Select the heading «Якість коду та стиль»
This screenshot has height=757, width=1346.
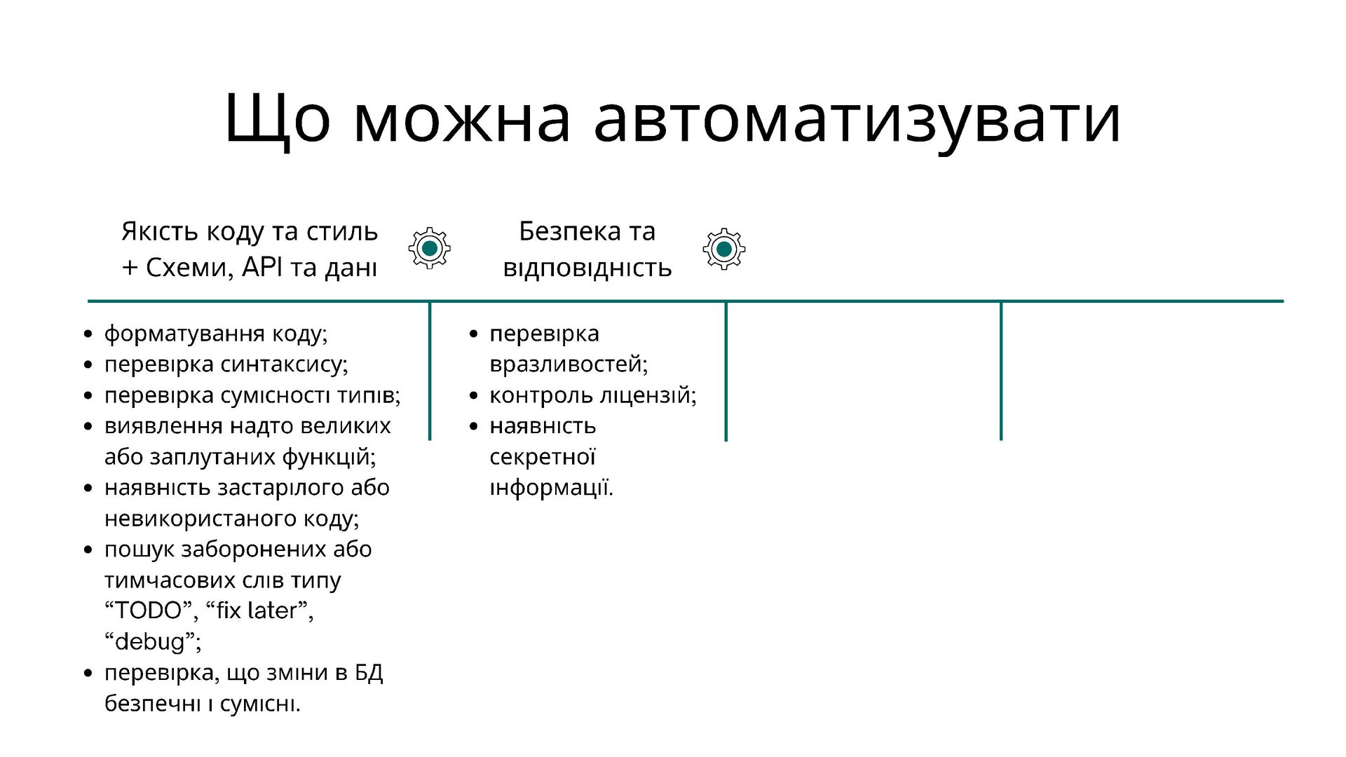(x=250, y=231)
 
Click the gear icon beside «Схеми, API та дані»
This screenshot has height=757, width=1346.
(x=430, y=248)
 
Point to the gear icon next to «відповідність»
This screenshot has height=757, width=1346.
(x=724, y=249)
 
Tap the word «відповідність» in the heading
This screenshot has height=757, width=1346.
(x=587, y=268)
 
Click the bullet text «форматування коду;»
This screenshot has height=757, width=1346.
(x=216, y=334)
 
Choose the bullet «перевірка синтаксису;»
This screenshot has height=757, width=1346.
(x=226, y=364)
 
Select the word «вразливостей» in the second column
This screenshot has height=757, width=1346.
(x=569, y=364)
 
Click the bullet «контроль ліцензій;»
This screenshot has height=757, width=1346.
(x=593, y=395)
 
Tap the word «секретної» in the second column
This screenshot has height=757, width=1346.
(x=543, y=457)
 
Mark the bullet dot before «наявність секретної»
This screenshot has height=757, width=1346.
(x=473, y=426)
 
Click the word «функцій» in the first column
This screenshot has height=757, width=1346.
(x=329, y=457)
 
